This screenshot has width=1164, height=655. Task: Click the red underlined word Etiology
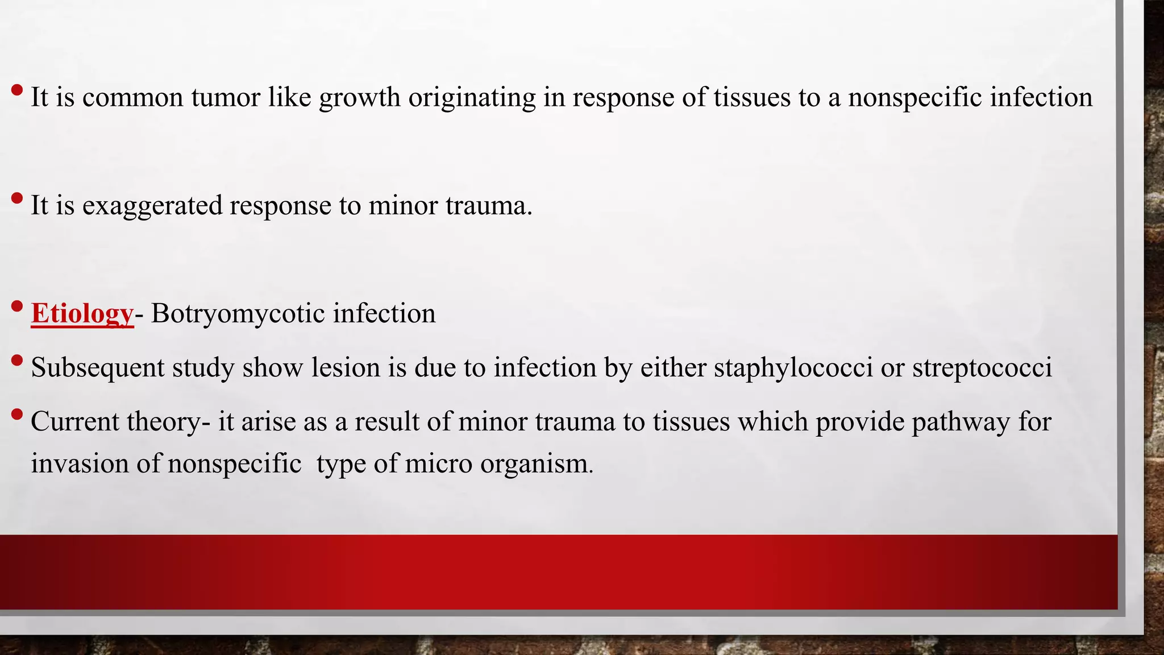[82, 314]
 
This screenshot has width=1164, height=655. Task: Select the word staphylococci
[793, 368]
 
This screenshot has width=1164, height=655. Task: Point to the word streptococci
[982, 368]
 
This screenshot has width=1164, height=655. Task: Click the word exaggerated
[152, 206]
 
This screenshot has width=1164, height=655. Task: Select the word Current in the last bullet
[74, 422]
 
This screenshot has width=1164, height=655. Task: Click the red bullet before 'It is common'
[17, 90]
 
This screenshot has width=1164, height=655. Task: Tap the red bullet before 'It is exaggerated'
[17, 198]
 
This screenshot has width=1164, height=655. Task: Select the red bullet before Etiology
[17, 306]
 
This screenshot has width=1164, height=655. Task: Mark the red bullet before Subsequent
[17, 360]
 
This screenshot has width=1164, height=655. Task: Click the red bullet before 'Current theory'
[17, 414]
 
